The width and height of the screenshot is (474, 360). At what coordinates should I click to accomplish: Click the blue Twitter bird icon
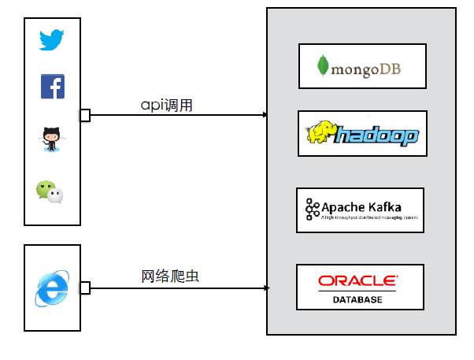tap(52, 40)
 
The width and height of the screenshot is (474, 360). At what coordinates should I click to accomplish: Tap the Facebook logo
tap(53, 87)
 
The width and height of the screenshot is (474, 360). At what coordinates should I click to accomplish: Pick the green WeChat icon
tap(49, 191)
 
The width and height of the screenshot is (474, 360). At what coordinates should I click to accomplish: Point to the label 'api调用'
tap(166, 105)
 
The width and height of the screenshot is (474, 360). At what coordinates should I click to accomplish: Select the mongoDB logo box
tap(362, 66)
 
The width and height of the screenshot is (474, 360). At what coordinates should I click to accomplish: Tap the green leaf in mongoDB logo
tap(322, 66)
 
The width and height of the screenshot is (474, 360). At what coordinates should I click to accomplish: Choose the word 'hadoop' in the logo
tap(376, 137)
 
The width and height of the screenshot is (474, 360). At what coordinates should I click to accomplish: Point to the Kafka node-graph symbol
tap(312, 209)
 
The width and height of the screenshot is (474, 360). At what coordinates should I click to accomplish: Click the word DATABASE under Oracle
tap(357, 300)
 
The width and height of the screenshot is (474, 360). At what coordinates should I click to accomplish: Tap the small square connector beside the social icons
tap(84, 116)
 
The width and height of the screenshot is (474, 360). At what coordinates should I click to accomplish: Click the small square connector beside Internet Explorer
tap(84, 289)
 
